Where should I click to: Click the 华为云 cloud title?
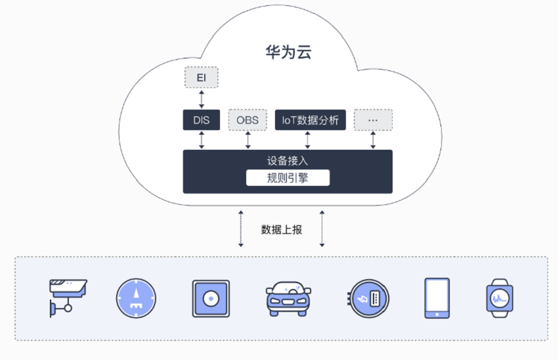(288, 52)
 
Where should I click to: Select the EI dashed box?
(202, 78)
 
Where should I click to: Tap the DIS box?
(202, 120)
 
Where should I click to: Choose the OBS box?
(247, 120)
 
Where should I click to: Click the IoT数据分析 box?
(311, 120)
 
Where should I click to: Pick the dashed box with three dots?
(373, 120)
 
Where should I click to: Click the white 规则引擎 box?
(288, 177)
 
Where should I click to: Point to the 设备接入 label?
(288, 160)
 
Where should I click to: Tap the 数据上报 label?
(282, 230)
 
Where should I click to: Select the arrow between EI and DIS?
(202, 99)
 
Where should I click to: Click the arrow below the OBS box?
(248, 140)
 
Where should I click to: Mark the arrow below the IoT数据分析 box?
(307, 140)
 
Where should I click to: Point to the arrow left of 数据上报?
(241, 229)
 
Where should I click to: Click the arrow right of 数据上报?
(322, 229)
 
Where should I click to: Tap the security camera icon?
(68, 298)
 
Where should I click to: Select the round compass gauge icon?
(136, 298)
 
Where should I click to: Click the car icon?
(288, 299)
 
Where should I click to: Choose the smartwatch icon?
(500, 298)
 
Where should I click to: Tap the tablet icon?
(437, 298)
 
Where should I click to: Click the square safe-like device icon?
(211, 298)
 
